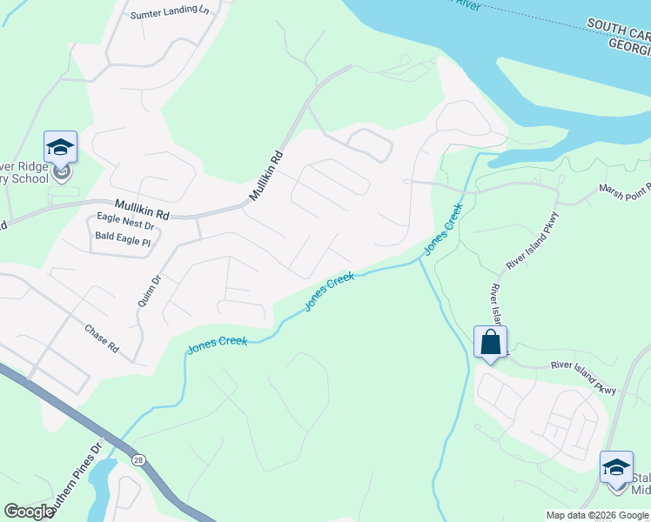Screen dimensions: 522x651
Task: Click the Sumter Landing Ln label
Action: [x=171, y=14]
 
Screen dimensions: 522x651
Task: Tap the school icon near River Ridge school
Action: [x=60, y=147]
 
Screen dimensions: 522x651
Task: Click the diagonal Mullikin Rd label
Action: [x=267, y=177]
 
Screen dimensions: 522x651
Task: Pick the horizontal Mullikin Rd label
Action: [x=139, y=212]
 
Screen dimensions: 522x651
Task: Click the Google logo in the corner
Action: [x=29, y=512]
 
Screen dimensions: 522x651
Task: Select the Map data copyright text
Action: [x=598, y=515]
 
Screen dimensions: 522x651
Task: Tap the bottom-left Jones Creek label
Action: [x=218, y=345]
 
